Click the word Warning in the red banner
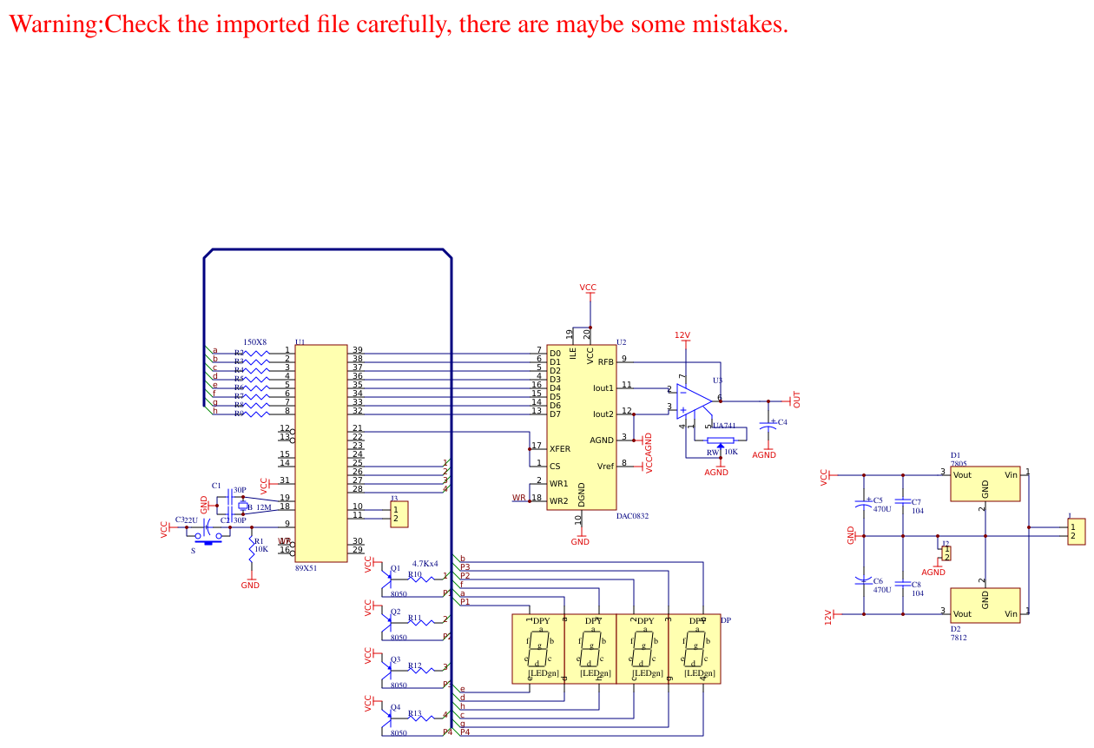(55, 23)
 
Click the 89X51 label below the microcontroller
(306, 567)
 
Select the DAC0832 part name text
(632, 516)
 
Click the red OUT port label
(796, 400)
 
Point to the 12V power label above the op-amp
(682, 335)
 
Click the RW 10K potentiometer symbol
(720, 440)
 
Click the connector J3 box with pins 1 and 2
(396, 513)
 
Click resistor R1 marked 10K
(252, 547)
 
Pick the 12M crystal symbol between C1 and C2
(243, 506)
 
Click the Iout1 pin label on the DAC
(603, 388)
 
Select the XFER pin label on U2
(560, 449)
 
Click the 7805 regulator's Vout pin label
(962, 475)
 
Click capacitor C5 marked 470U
(863, 504)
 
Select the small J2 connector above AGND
(946, 553)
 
